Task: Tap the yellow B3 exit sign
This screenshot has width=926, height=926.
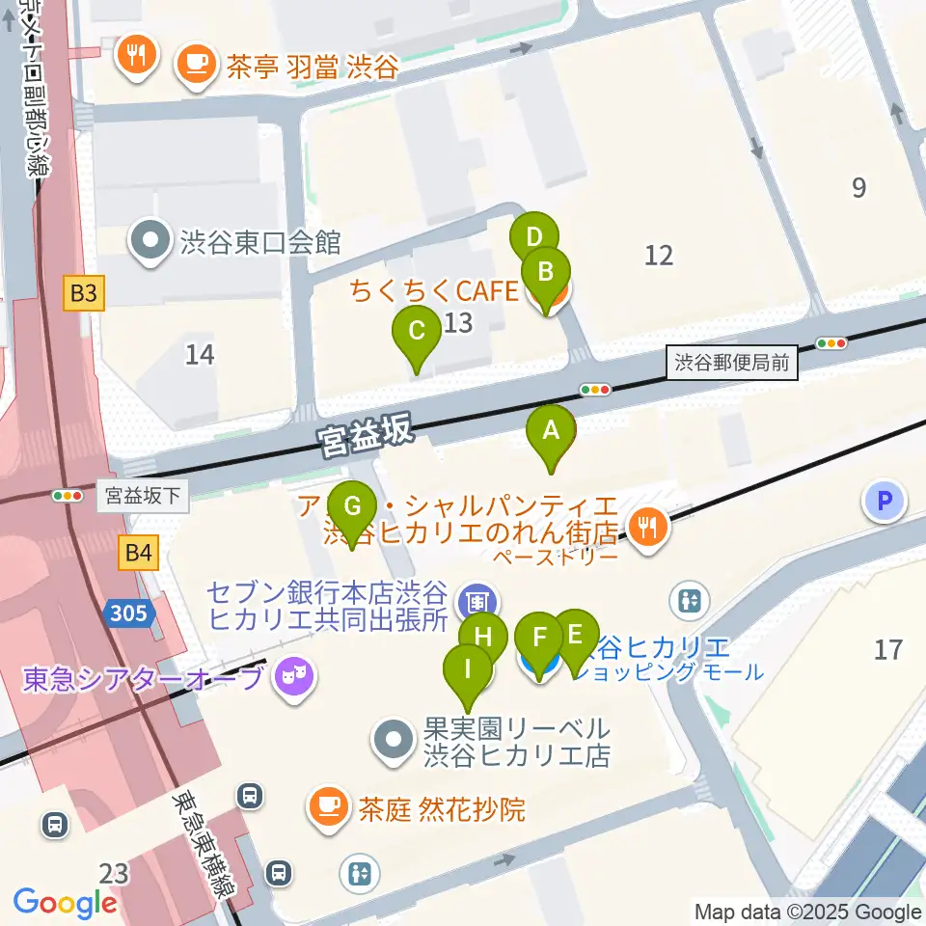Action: coord(83,293)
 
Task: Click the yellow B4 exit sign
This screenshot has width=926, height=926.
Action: coord(138,553)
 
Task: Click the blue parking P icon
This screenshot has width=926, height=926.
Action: coord(885,501)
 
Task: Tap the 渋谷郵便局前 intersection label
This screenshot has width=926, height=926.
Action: coord(732,364)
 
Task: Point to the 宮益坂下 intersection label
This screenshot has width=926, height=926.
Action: coord(143,496)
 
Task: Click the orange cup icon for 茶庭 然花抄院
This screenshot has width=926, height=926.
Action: coord(327,806)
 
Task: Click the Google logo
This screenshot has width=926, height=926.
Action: coord(65,902)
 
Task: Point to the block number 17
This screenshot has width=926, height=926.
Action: coord(888,649)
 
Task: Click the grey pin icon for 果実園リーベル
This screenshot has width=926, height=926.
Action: coord(394,741)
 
